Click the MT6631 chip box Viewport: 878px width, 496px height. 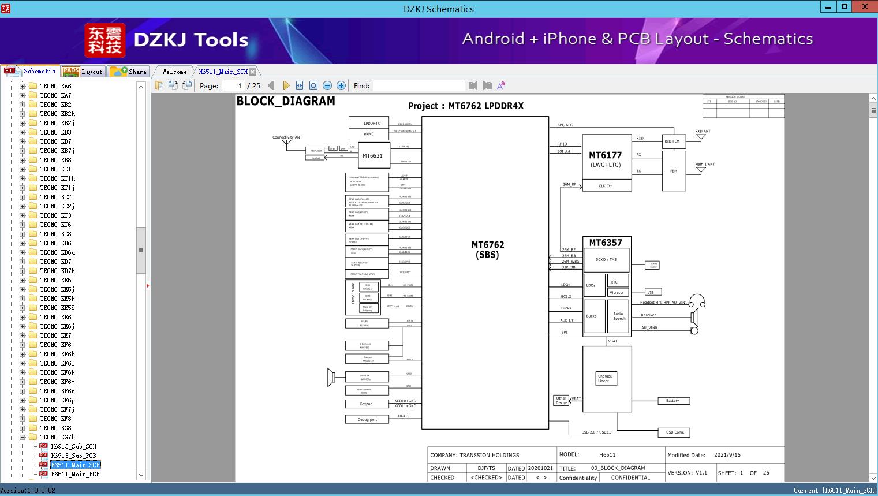point(372,155)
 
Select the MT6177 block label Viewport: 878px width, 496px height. point(605,155)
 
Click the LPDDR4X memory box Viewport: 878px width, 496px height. point(372,123)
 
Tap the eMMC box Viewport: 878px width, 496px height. point(369,134)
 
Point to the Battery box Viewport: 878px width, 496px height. point(673,401)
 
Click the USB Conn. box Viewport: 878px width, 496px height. point(674,432)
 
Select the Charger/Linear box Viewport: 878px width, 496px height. point(605,378)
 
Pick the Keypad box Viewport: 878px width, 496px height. point(366,404)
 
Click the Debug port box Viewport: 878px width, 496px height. point(367,420)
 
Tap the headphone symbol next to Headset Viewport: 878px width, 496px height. point(697,301)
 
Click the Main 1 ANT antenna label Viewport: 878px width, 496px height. point(704,164)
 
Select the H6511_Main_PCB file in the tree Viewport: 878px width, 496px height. point(75,474)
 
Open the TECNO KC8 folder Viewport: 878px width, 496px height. point(55,234)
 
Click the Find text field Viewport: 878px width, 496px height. point(419,85)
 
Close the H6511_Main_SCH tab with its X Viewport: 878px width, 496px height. point(252,72)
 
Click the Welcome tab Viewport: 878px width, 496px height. point(174,72)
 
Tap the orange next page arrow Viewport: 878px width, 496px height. point(286,85)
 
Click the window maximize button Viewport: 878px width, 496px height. point(844,7)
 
